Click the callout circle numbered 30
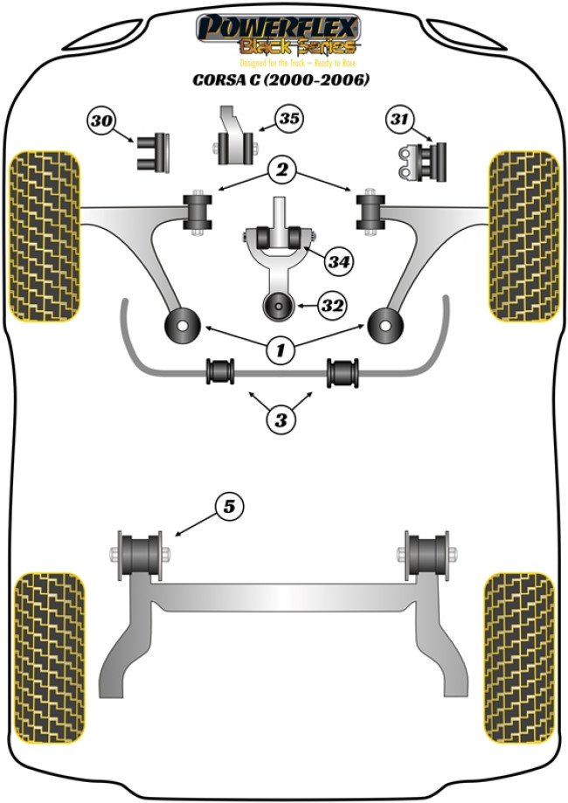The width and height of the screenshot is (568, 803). tap(101, 121)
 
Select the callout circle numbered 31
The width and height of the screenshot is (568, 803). tap(399, 120)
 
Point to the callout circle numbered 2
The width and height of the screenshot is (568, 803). tap(282, 170)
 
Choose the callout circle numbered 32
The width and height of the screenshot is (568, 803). tap(332, 306)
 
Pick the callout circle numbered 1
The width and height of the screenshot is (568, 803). tap(281, 351)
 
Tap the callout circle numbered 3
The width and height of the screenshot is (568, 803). tap(281, 420)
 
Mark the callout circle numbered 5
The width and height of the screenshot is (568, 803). tap(229, 506)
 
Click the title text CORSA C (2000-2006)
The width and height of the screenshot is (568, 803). tap(281, 80)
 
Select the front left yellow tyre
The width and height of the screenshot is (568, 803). tap(44, 234)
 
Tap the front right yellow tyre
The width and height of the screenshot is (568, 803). tap(523, 234)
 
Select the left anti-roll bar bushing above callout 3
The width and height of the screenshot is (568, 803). tap(220, 370)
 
